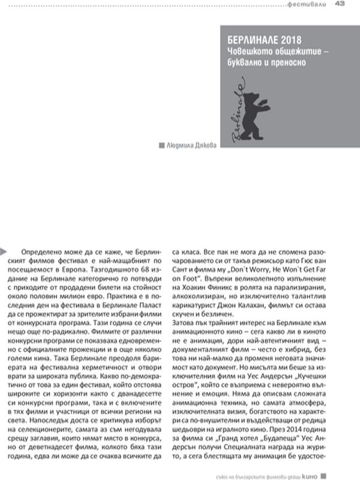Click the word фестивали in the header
tap(305, 5)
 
